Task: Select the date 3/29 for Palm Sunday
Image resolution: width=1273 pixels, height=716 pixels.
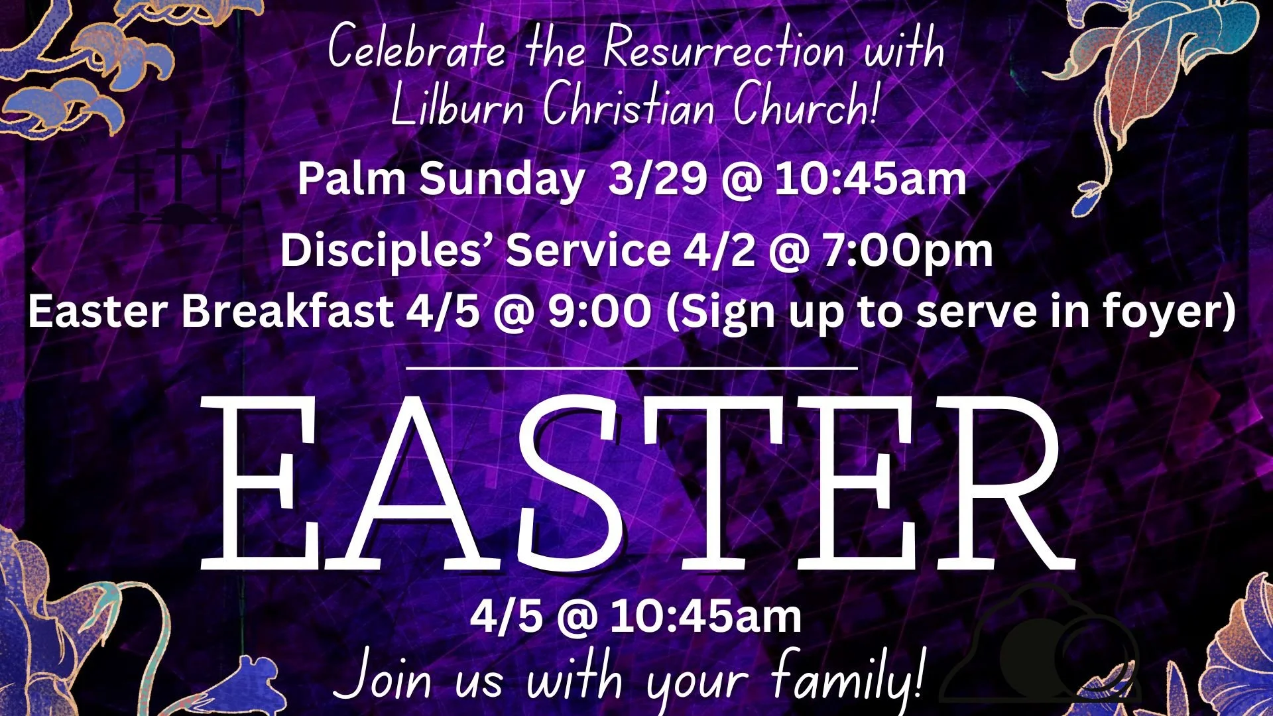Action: (657, 179)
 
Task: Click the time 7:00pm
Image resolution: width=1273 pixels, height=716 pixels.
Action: (908, 251)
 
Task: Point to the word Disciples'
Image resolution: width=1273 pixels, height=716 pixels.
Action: (387, 251)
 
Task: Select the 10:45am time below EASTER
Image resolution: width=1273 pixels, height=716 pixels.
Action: (705, 617)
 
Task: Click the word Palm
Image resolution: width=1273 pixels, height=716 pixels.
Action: (351, 179)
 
